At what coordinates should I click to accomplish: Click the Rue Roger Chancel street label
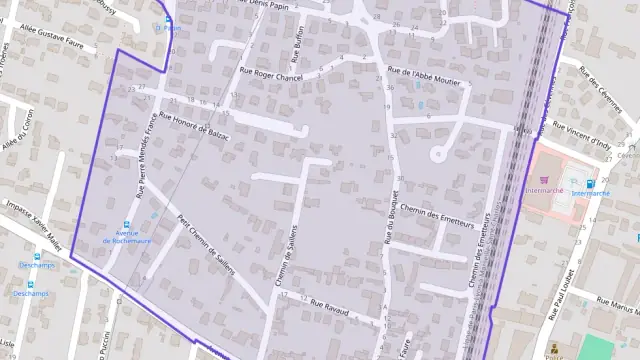tap(270, 74)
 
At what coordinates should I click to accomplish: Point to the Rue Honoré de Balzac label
tap(200, 128)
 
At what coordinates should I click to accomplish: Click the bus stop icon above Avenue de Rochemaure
tap(127, 225)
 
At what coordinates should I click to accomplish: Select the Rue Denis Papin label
tap(271, 4)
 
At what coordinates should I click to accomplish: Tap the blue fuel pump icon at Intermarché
tap(590, 184)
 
